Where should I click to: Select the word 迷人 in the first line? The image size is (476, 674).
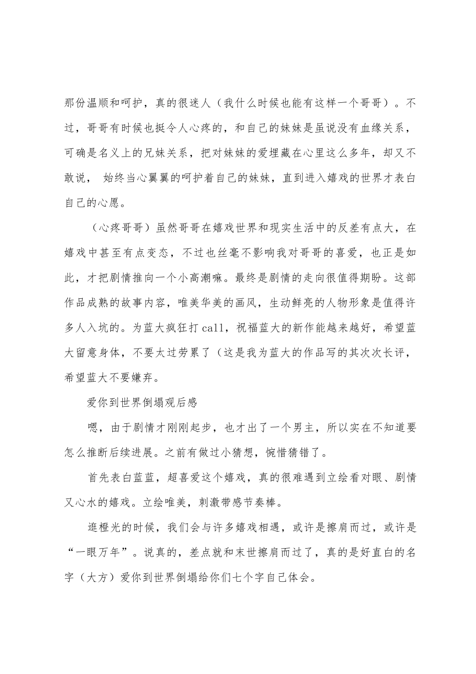190,103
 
